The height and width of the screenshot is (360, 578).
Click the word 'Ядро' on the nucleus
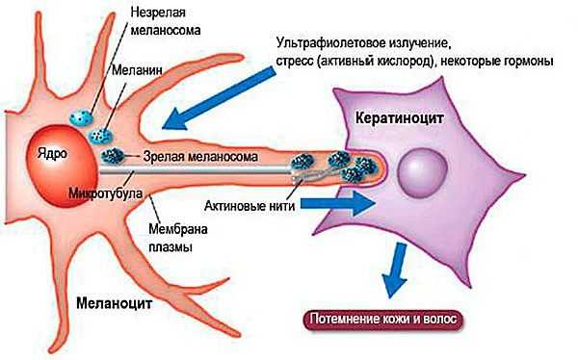click(50, 154)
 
